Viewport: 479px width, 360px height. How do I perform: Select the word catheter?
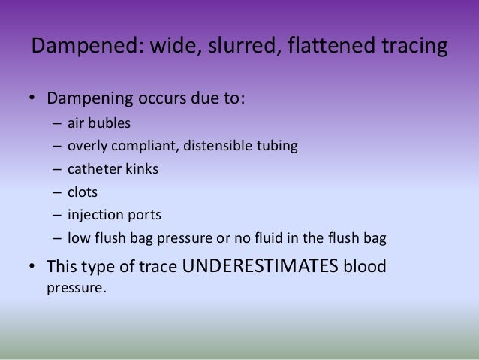tap(92, 169)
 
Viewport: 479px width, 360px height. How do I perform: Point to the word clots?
tap(82, 192)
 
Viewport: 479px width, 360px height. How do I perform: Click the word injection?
tap(94, 216)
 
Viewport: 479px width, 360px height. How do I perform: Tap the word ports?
tap(144, 216)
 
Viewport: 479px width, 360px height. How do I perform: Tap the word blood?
tap(368, 266)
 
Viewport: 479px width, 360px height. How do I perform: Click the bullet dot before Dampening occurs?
tap(33, 99)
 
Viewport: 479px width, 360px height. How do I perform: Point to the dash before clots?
tap(57, 192)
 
